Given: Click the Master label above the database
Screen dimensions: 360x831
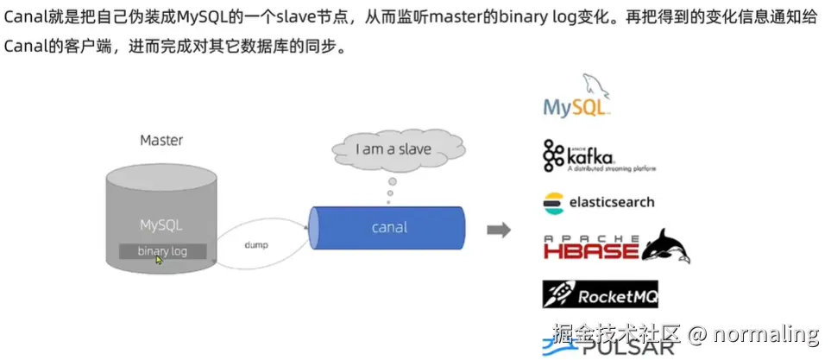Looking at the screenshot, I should point(161,139).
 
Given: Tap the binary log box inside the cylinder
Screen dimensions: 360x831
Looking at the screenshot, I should point(162,251).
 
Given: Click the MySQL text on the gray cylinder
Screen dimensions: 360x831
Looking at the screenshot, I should point(161,224).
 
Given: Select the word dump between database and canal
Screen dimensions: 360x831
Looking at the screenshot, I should point(256,245).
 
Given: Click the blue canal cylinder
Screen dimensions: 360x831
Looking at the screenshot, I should point(388,228).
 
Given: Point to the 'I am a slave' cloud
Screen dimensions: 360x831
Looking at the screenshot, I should point(393,149).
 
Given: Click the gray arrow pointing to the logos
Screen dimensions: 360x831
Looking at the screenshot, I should point(498,230).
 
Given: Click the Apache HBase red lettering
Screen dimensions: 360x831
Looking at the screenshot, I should point(591,249).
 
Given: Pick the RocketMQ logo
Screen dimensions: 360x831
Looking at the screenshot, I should point(600,295).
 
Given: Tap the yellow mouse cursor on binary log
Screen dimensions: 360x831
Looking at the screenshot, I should point(159,259).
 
